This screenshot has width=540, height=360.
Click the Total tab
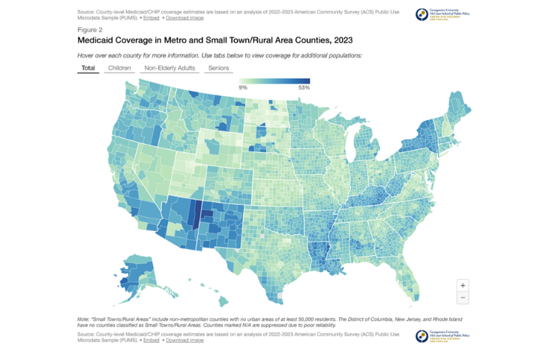click(x=88, y=68)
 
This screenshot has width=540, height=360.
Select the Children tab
click(x=120, y=68)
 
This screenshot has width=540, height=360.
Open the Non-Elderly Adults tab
click(x=169, y=68)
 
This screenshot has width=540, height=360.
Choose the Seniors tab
click(x=219, y=68)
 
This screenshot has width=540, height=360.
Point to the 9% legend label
click(x=243, y=88)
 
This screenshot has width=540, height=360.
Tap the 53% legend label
click(x=304, y=88)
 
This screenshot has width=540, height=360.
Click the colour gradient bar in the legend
click(x=274, y=81)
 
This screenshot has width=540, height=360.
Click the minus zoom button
click(x=462, y=298)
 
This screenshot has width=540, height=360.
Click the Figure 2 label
click(x=90, y=29)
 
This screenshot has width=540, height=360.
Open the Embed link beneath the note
click(x=151, y=340)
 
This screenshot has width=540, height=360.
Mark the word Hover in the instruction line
click(x=86, y=56)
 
